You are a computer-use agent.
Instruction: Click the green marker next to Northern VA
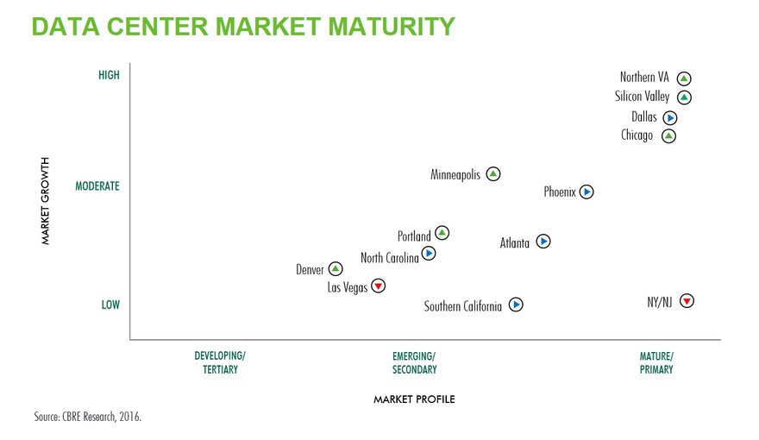(x=683, y=79)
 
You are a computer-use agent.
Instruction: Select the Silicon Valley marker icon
(x=684, y=97)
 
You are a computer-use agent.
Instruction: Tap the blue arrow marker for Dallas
(x=670, y=117)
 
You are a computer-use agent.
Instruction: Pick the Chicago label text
(x=637, y=135)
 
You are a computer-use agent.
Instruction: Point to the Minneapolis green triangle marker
(x=492, y=173)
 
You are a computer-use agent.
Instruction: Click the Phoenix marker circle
(x=586, y=192)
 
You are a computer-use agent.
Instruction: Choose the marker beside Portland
(x=442, y=233)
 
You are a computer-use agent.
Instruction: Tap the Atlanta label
(x=515, y=242)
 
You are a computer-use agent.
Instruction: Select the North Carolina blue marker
(x=429, y=253)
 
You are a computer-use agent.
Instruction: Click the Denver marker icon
(x=336, y=268)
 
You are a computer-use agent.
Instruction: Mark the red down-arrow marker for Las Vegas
(x=378, y=286)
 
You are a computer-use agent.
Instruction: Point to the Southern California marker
(x=516, y=305)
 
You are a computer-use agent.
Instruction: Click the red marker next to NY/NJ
(x=687, y=301)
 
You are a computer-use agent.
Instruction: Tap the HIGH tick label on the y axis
(x=109, y=75)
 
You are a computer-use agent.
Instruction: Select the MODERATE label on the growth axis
(x=97, y=186)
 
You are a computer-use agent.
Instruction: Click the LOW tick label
(x=110, y=305)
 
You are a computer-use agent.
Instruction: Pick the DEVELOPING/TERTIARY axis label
(x=220, y=362)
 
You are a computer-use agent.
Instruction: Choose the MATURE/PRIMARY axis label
(x=656, y=363)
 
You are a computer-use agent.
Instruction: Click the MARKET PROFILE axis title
(x=414, y=399)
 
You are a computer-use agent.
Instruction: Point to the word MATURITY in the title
(x=392, y=27)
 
